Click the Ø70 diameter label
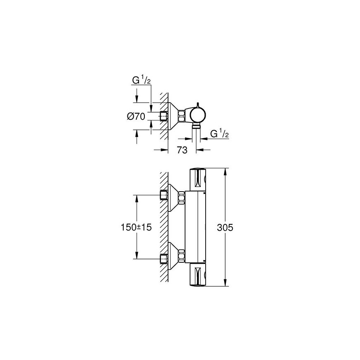pyautogui.click(x=136, y=117)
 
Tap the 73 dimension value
pyautogui.click(x=182, y=150)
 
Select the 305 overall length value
pyautogui.click(x=225, y=228)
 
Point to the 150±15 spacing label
pyautogui.click(x=136, y=227)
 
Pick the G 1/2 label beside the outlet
pyautogui.click(x=219, y=133)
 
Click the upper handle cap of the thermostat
pyautogui.click(x=198, y=180)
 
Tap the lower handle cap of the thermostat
pyautogui.click(x=198, y=275)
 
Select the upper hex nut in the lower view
pyautogui.click(x=182, y=197)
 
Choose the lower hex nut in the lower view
pyautogui.click(x=182, y=255)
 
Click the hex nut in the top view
pyautogui.click(x=182, y=116)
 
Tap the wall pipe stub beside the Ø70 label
pyautogui.click(x=164, y=116)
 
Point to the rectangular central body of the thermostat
pyautogui.click(x=196, y=227)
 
